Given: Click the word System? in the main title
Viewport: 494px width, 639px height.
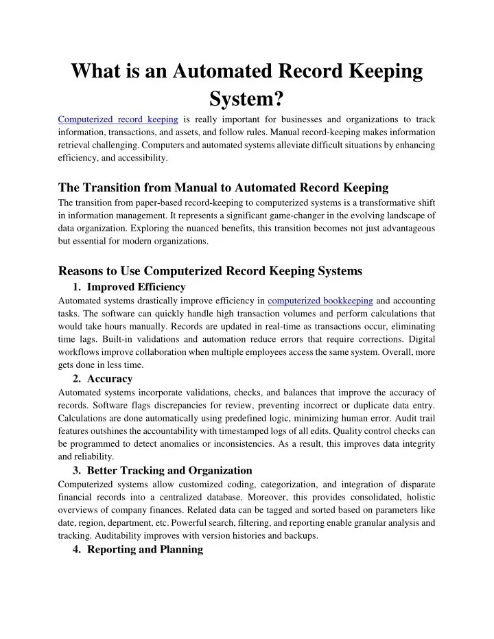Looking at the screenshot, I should [x=247, y=100].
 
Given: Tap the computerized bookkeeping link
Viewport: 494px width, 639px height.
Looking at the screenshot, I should [x=320, y=301].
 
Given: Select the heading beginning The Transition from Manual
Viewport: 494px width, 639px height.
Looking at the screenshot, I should [x=224, y=187].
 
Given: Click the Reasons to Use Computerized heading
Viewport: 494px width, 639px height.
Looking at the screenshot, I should [x=210, y=271].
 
